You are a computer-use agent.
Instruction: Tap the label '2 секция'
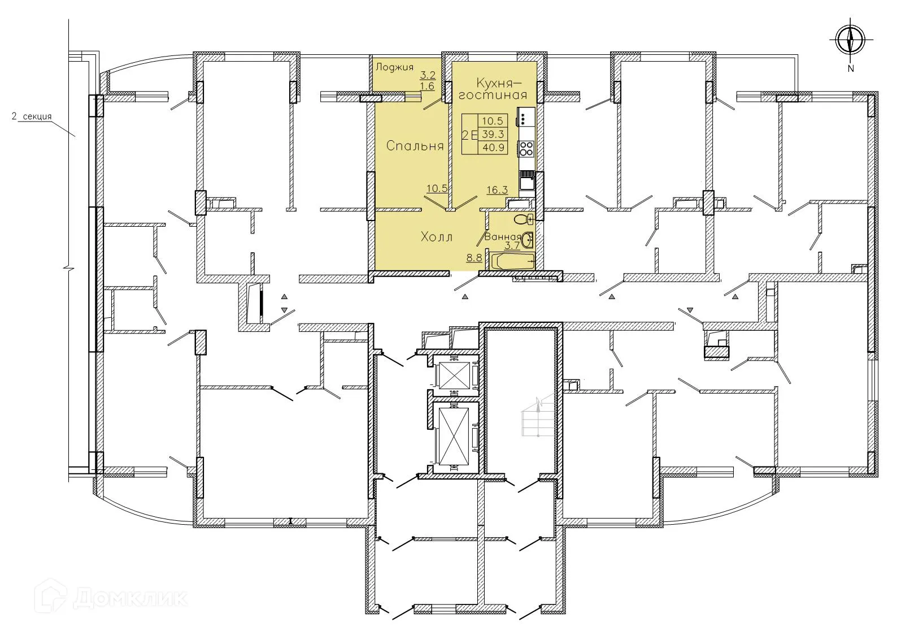(32, 117)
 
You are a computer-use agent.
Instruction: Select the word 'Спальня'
(415, 146)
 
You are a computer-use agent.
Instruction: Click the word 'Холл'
(437, 237)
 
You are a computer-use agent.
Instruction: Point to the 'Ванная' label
(502, 237)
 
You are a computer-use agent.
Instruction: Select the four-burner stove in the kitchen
(526, 149)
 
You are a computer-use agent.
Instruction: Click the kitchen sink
(527, 182)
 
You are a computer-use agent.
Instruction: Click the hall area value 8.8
(474, 258)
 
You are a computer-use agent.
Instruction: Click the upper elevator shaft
(454, 374)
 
